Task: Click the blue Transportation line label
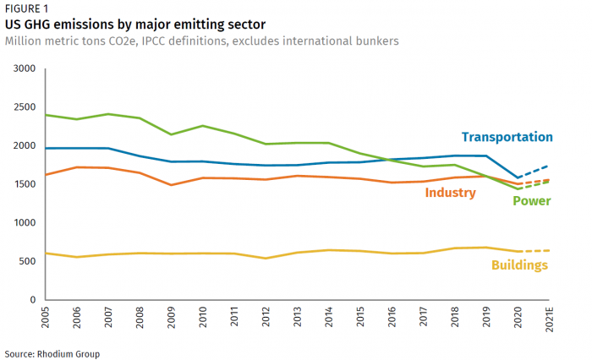(x=507, y=137)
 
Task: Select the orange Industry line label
(x=451, y=193)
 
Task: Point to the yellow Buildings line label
(x=519, y=265)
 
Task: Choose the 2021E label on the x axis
(x=550, y=321)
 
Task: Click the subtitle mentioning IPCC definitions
(x=201, y=41)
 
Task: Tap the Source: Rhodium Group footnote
(x=52, y=353)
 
